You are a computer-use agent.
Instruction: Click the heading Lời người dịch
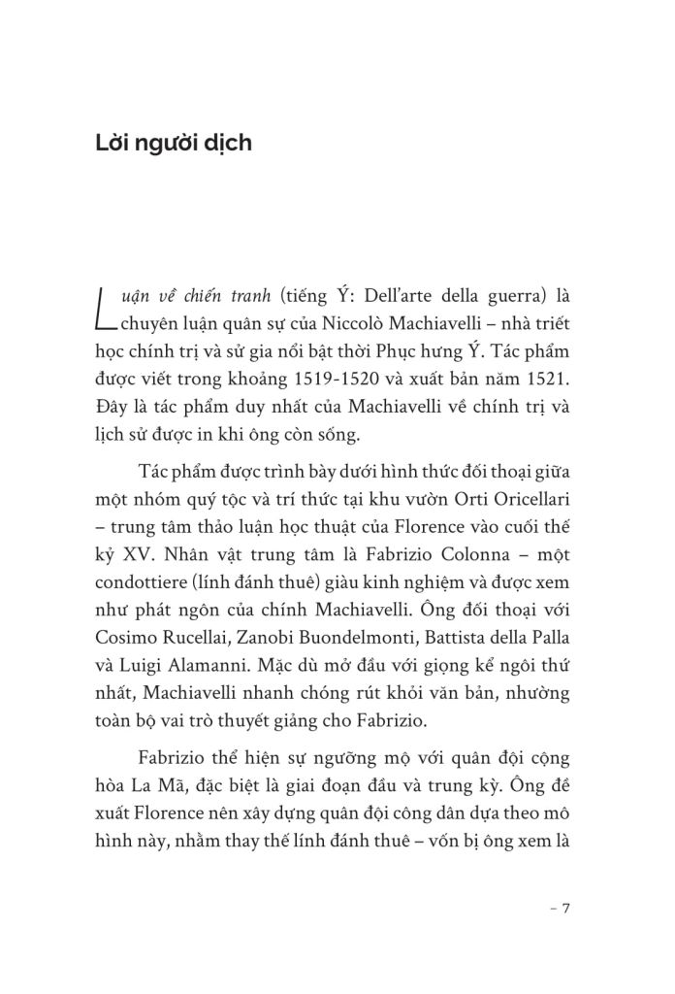click(x=174, y=143)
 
